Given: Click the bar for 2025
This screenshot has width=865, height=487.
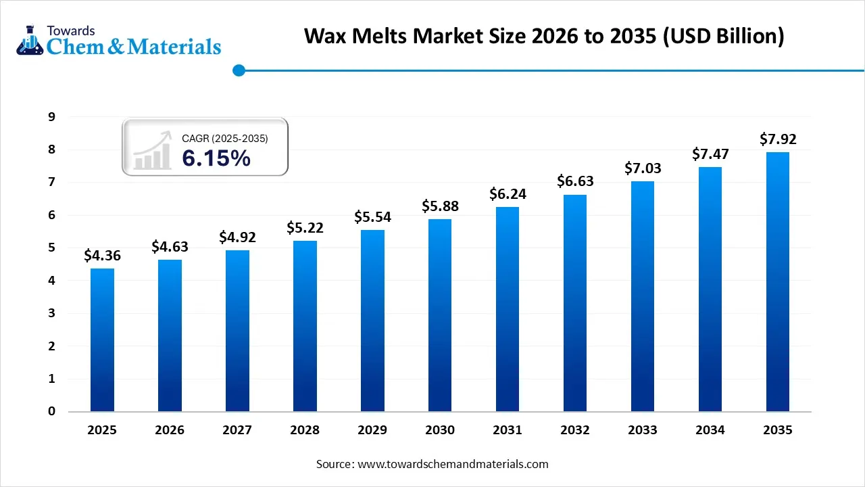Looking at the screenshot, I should point(102,340).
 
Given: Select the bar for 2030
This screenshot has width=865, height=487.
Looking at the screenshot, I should point(440,315).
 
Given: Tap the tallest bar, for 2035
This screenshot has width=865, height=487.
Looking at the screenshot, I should point(778,281).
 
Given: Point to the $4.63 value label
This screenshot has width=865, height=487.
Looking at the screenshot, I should point(170,246).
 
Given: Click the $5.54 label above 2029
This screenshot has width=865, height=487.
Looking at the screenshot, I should point(372,217).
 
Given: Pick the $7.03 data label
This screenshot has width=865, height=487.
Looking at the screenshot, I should point(643,168).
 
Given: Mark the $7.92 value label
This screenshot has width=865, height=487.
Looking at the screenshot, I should point(778,139).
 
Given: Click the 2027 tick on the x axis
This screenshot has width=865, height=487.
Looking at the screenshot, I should point(237,430).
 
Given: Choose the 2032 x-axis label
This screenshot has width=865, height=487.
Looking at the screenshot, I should point(575,430).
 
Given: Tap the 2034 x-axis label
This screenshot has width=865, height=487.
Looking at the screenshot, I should point(710,430).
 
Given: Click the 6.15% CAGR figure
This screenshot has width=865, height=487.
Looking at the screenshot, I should point(216,158).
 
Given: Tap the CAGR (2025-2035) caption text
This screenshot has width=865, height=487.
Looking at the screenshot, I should point(225,139).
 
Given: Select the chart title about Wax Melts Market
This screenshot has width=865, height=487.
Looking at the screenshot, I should point(544,36).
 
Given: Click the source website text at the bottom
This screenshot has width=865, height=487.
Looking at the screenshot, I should point(432,464).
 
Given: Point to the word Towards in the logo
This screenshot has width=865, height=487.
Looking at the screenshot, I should point(71,30).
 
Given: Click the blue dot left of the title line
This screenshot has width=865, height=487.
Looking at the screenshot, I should point(238,70).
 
